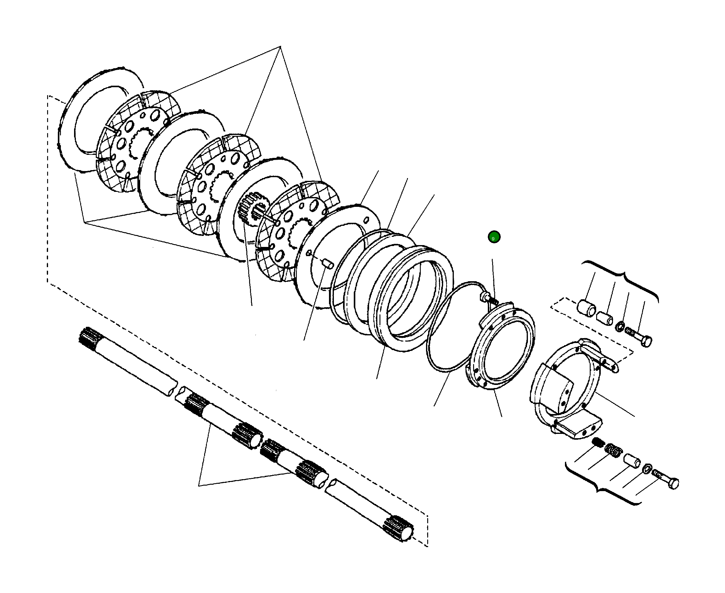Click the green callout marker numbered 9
pyautogui.click(x=494, y=237)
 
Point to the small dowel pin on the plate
pyautogui.click(x=328, y=264)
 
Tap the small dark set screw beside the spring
pyautogui.click(x=598, y=442)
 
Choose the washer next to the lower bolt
pyautogui.click(x=647, y=469)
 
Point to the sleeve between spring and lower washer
pyautogui.click(x=632, y=461)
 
